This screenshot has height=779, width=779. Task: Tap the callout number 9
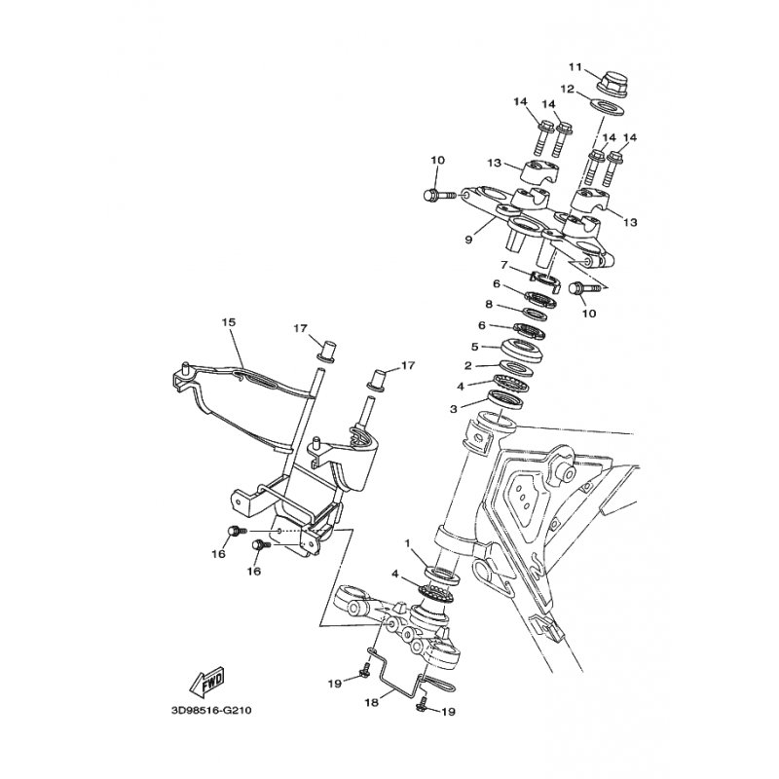[x=468, y=240]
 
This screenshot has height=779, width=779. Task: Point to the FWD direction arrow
[x=206, y=681]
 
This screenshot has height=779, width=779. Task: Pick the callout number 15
[x=229, y=322]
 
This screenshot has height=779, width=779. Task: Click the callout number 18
[x=372, y=702]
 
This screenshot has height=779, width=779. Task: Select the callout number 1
[x=408, y=543]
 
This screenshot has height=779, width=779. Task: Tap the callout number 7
[x=503, y=265]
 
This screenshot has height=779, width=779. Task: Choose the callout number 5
[x=475, y=347]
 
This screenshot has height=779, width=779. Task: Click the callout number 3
[x=453, y=409]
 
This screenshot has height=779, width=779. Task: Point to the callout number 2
[x=468, y=366]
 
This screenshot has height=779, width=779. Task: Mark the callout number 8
[x=489, y=305]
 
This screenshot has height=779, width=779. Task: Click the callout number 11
[x=575, y=67]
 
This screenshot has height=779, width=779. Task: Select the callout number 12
[x=568, y=89]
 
